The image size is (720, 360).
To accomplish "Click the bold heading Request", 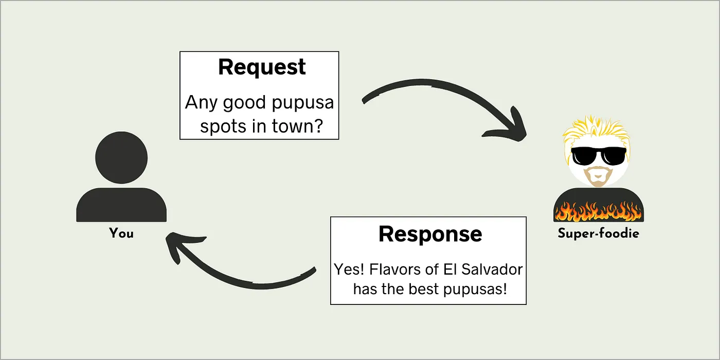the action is (x=262, y=67).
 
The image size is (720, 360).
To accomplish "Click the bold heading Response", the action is (x=430, y=235).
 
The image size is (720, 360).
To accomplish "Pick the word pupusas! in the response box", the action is (x=475, y=289).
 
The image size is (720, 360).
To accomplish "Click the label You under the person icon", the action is (x=121, y=233).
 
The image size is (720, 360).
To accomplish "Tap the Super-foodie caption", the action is (x=598, y=233).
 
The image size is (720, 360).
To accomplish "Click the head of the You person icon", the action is (x=121, y=157).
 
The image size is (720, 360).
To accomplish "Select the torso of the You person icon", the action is (x=121, y=205).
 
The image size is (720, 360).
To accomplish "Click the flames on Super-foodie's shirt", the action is (x=599, y=211).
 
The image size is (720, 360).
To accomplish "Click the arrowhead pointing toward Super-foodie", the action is (x=512, y=129).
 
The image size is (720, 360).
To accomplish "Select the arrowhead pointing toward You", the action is (x=180, y=245).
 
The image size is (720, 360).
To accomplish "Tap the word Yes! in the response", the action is (x=349, y=269).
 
